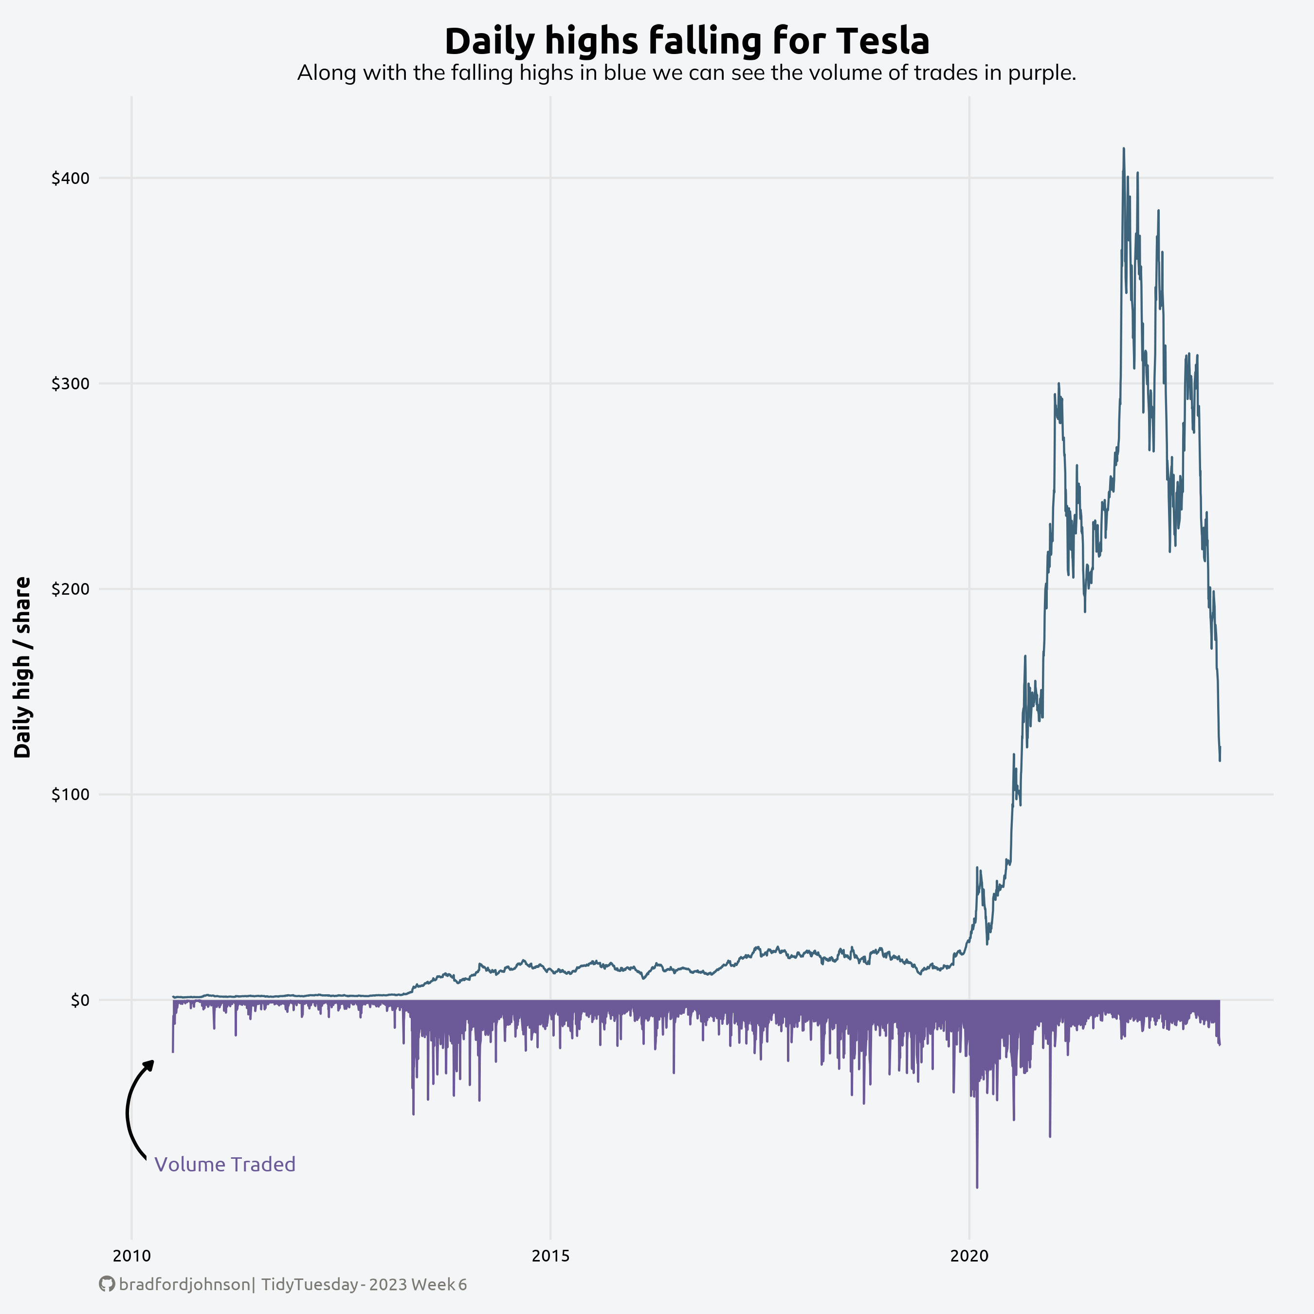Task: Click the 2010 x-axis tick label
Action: [132, 1256]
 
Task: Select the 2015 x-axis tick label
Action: [550, 1256]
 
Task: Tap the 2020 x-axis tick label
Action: [969, 1256]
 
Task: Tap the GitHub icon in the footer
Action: [107, 1284]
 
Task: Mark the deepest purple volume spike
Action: [977, 1187]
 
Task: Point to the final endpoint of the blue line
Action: [1220, 760]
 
